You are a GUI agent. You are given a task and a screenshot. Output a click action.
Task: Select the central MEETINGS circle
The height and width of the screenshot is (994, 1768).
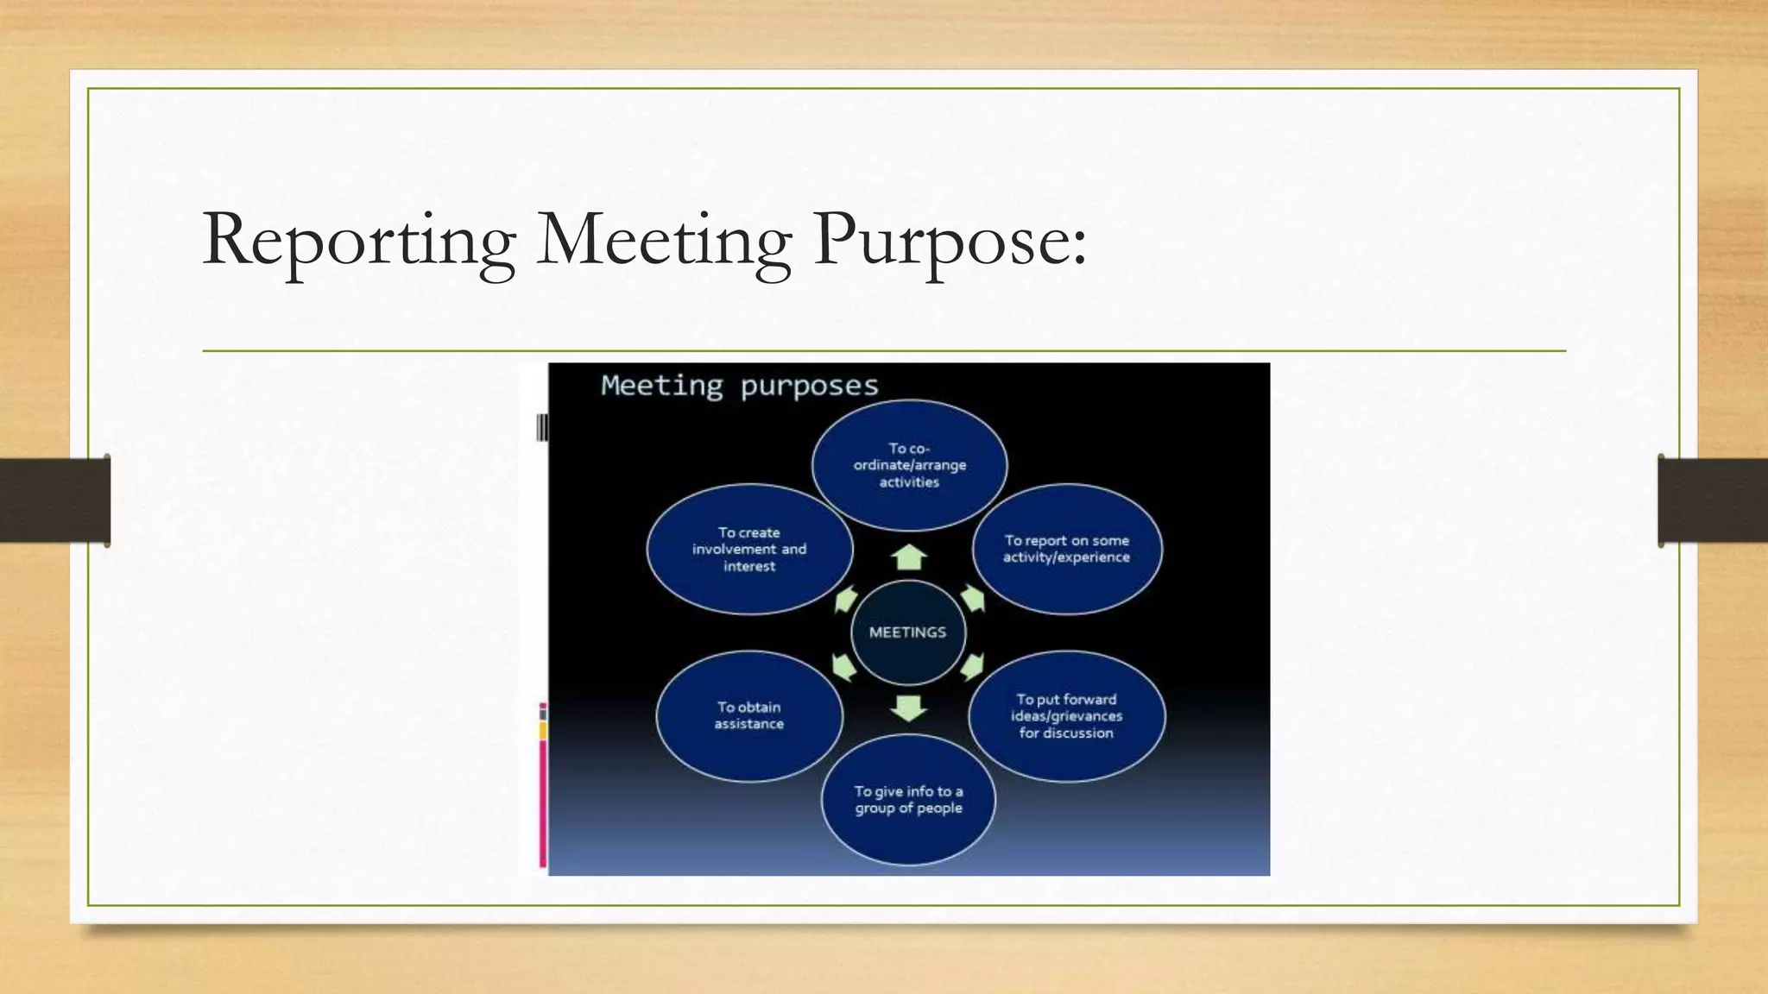(x=907, y=632)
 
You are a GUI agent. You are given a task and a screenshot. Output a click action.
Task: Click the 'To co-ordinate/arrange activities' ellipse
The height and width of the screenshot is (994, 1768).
(x=909, y=465)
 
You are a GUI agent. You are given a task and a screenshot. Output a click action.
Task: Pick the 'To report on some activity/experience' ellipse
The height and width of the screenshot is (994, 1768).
(x=1066, y=549)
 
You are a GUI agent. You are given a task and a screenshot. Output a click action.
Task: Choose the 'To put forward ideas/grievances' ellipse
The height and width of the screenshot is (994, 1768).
(x=1066, y=716)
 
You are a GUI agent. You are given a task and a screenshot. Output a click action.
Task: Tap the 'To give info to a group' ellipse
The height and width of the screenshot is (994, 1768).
(x=908, y=800)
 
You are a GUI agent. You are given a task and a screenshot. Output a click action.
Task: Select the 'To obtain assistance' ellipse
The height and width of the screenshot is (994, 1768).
(x=749, y=716)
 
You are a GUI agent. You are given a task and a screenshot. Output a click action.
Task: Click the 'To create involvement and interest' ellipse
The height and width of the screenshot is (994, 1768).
(x=749, y=549)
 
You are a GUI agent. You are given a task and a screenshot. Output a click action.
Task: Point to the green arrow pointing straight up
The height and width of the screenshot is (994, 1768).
(x=908, y=557)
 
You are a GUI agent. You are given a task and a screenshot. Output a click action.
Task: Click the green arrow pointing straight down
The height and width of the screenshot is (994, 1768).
(x=908, y=708)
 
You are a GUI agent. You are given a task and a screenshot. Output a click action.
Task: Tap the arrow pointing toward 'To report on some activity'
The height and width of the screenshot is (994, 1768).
(x=973, y=597)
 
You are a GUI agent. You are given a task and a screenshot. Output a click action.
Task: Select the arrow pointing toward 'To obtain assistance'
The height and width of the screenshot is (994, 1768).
(x=843, y=667)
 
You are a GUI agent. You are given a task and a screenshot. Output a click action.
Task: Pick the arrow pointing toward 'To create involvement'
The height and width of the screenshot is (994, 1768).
(x=845, y=599)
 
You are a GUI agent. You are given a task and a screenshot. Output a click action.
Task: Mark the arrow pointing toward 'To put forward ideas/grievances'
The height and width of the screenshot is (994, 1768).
(x=972, y=666)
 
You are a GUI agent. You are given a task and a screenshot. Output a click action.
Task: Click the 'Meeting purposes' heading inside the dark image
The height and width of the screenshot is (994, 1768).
(x=740, y=386)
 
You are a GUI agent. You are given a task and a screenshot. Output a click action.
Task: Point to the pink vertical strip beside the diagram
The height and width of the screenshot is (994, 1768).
(x=543, y=802)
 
